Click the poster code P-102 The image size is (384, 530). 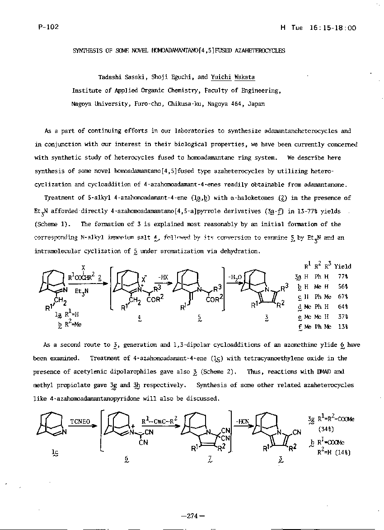point(48,27)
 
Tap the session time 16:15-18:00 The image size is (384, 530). point(333,28)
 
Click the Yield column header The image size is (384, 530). point(342,266)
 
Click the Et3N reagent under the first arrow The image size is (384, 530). point(82,291)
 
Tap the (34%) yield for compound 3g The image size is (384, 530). point(327,429)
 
